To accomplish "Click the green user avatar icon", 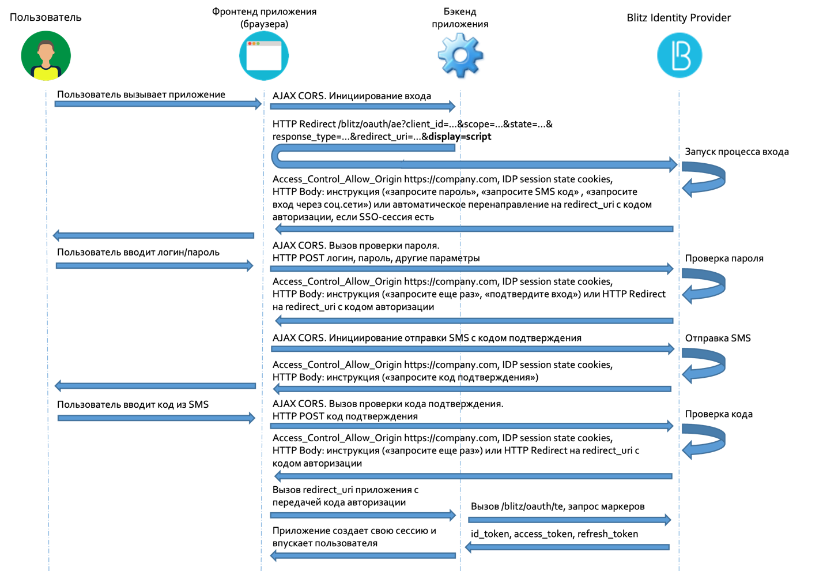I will pos(46,55).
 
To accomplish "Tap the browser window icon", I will pos(264,55).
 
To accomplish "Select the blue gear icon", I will pos(460,55).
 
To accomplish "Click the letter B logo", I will pos(679,55).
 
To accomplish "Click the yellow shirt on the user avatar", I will pos(46,73).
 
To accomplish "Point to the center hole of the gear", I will pos(460,55).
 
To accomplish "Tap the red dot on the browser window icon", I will pos(250,44).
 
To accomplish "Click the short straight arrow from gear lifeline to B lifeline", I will pos(569,520).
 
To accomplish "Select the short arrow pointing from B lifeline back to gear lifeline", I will pos(567,547).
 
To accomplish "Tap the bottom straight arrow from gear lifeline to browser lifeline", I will pos(363,555).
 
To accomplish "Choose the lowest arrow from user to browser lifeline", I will pos(156,418).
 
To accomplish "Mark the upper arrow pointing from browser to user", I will pos(153,235).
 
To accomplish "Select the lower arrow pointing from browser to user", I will pos(155,386).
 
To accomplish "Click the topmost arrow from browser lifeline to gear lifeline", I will pos(363,106).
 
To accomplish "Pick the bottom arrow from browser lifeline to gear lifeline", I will pos(363,515).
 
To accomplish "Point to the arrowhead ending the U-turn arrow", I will pos(673,165).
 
